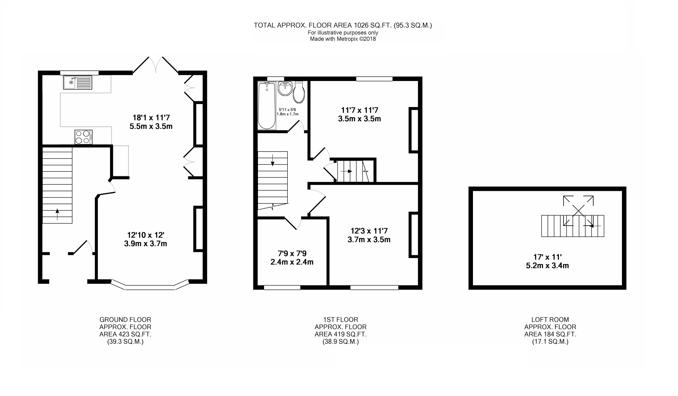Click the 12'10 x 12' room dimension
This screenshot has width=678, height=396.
pos(146,235)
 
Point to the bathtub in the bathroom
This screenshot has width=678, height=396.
pos(267,106)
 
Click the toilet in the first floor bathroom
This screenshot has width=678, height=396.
pos(299,92)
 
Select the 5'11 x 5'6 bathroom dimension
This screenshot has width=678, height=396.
pos(287,110)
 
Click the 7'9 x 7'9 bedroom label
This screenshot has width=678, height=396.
pos(292,253)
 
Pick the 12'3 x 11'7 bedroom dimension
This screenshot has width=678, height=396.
pos(369,231)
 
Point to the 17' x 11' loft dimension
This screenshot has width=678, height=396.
pos(547,257)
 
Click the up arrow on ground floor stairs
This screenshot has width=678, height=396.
pos(57,214)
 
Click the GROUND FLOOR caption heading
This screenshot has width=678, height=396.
pos(125,320)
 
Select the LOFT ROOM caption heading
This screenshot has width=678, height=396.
pos(550,320)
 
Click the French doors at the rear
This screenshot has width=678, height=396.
pos(156,65)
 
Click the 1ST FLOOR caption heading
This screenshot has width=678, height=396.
pos(341,320)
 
